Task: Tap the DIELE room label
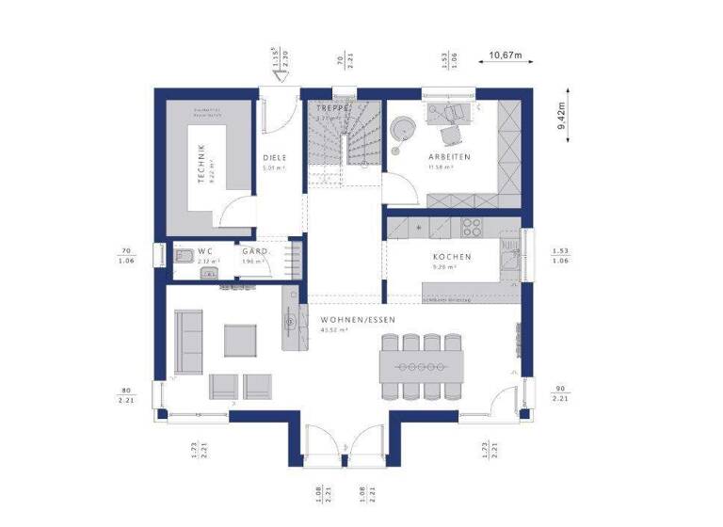[x=275, y=157]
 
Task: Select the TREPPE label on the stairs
[x=332, y=109]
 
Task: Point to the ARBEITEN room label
[x=450, y=156]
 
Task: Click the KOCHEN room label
[x=452, y=256]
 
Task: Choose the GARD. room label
[x=255, y=251]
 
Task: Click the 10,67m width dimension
[x=506, y=55]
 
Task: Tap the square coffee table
[x=240, y=340]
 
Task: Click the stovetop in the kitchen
[x=471, y=226]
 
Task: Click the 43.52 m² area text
[x=334, y=331]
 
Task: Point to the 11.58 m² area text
[x=442, y=168]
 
